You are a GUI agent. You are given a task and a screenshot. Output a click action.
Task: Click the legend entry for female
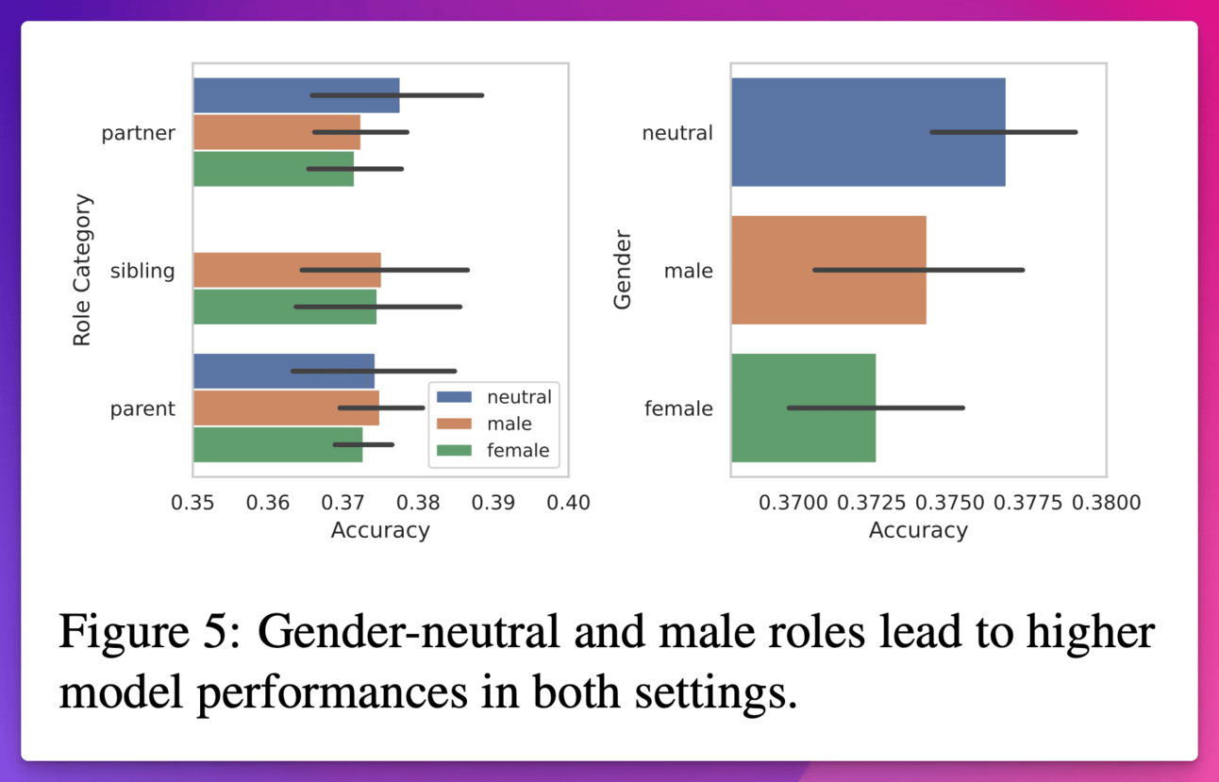(x=518, y=450)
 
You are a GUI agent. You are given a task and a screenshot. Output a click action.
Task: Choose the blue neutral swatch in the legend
(x=455, y=397)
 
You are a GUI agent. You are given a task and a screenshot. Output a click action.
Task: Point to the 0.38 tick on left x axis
(x=418, y=502)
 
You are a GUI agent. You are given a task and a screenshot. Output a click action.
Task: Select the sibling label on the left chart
(x=142, y=271)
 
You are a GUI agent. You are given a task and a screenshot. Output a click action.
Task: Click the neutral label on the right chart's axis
(x=677, y=133)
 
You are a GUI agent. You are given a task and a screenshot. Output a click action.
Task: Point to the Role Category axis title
(x=83, y=270)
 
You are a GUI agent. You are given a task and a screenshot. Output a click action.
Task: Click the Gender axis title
(x=623, y=270)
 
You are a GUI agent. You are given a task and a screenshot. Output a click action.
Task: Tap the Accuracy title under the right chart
(x=918, y=530)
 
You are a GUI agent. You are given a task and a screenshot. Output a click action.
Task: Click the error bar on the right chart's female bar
(x=876, y=408)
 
